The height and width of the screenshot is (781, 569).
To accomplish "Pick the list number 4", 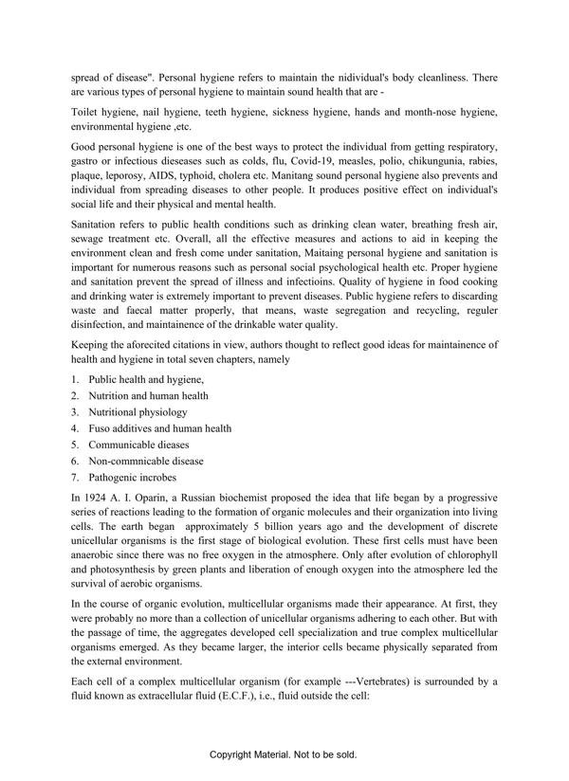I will point(74,428).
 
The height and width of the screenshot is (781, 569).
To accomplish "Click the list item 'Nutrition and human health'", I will point(148,396).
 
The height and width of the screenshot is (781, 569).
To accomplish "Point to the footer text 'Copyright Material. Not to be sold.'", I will point(284,755).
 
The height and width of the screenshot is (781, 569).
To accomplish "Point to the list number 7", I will point(74,477).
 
